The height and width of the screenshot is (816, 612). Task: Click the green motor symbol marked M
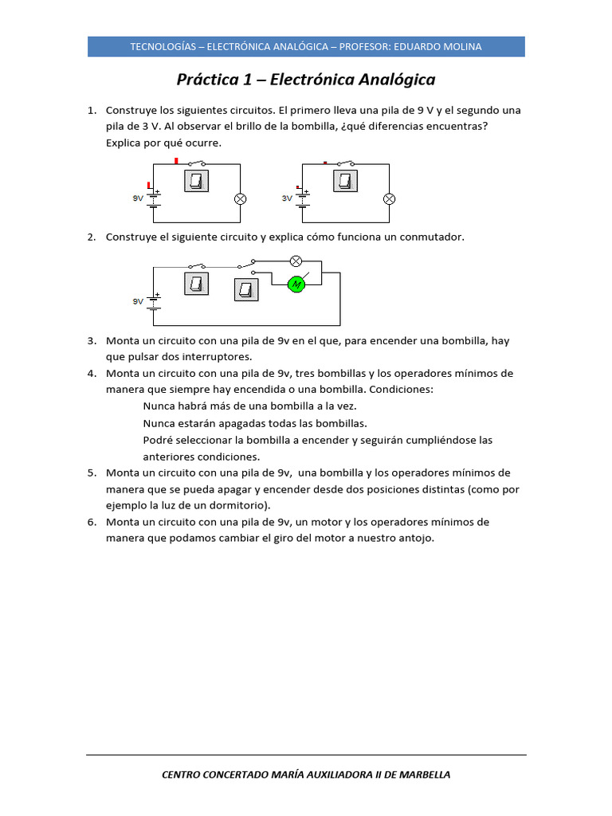296,284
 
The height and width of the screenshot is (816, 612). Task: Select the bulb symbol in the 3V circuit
389,198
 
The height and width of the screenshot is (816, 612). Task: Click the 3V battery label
288,199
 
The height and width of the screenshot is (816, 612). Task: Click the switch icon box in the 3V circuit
346,181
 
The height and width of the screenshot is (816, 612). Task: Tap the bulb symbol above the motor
296,261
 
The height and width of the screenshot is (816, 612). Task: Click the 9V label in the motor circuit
138,301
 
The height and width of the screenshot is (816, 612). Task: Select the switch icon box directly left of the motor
246,289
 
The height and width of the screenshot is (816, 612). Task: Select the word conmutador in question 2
433,237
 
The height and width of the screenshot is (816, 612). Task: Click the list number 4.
91,373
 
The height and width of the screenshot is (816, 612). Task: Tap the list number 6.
91,522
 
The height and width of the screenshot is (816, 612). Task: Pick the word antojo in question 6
416,538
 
